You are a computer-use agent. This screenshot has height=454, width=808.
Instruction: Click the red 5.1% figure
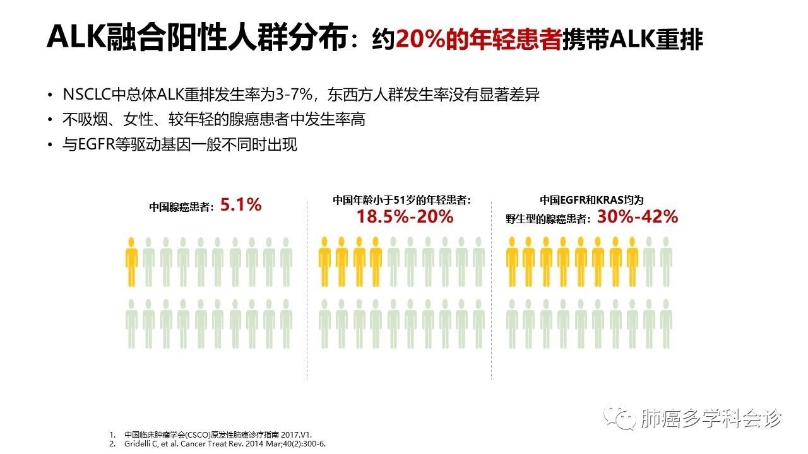click(x=241, y=205)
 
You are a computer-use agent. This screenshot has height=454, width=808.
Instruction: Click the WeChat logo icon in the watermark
click(x=619, y=418)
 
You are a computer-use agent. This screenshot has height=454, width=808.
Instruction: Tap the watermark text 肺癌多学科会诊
click(x=711, y=418)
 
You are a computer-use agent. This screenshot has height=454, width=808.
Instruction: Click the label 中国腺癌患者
click(x=179, y=206)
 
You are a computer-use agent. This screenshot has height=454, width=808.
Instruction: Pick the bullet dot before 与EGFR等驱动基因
click(x=50, y=145)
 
